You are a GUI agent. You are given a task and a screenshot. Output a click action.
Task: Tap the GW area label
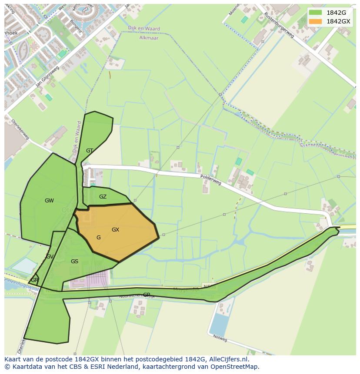pyautogui.click(x=49, y=201)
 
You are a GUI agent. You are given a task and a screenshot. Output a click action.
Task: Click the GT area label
pyautogui.click(x=90, y=151)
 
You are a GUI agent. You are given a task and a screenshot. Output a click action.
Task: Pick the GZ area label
pyautogui.click(x=103, y=197)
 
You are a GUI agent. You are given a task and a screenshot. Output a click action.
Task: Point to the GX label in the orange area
pyautogui.click(x=115, y=230)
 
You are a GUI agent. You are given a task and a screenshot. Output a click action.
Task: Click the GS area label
pyautogui.click(x=74, y=261)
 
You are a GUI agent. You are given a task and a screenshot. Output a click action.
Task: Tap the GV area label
pyautogui.click(x=50, y=257)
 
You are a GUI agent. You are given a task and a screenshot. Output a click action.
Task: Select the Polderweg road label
pyautogui.click(x=211, y=180)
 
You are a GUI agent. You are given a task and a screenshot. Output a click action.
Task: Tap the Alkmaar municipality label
pyautogui.click(x=149, y=38)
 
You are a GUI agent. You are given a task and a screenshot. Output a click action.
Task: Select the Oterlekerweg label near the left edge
pyautogui.click(x=20, y=129)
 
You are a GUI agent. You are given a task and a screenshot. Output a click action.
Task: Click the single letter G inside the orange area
pyautogui.click(x=99, y=238)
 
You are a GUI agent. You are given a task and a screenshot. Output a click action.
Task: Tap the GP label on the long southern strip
pyautogui.click(x=147, y=295)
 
